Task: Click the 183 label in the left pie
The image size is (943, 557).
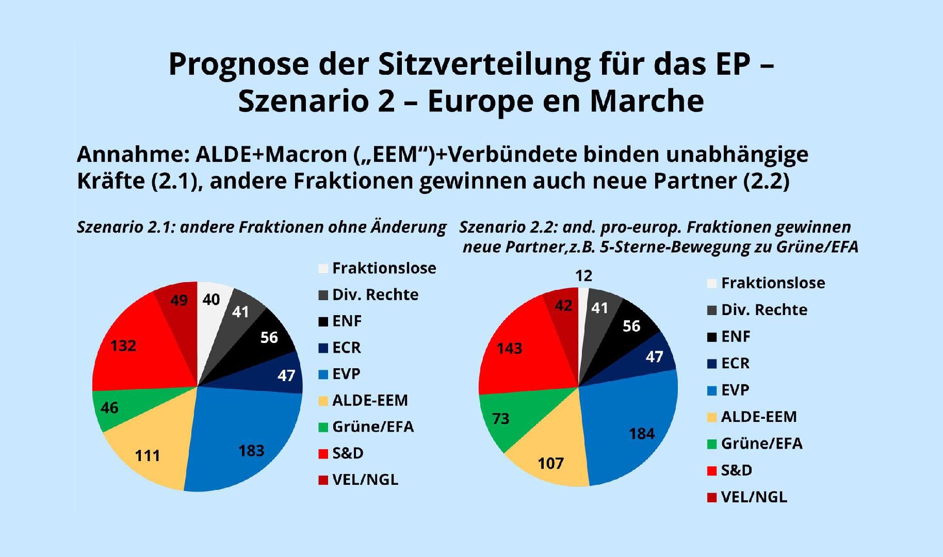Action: pyautogui.click(x=251, y=451)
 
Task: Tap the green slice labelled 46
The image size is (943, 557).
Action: pyautogui.click(x=109, y=408)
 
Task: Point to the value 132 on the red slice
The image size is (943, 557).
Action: pyautogui.click(x=123, y=346)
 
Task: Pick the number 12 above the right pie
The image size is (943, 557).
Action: pyautogui.click(x=583, y=276)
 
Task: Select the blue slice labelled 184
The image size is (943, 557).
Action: pyautogui.click(x=642, y=434)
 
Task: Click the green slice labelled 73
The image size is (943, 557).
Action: pyautogui.click(x=500, y=418)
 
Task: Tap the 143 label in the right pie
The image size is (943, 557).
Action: pyautogui.click(x=509, y=349)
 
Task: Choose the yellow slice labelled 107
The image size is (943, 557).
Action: pyautogui.click(x=550, y=463)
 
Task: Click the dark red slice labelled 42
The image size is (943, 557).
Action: pyautogui.click(x=563, y=306)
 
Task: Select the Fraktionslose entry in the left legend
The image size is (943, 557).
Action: pyautogui.click(x=384, y=268)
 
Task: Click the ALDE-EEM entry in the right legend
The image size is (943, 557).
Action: pyautogui.click(x=758, y=417)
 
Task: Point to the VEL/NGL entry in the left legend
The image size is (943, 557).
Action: pyautogui.click(x=365, y=480)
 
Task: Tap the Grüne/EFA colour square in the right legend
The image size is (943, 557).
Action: pyautogui.click(x=712, y=444)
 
